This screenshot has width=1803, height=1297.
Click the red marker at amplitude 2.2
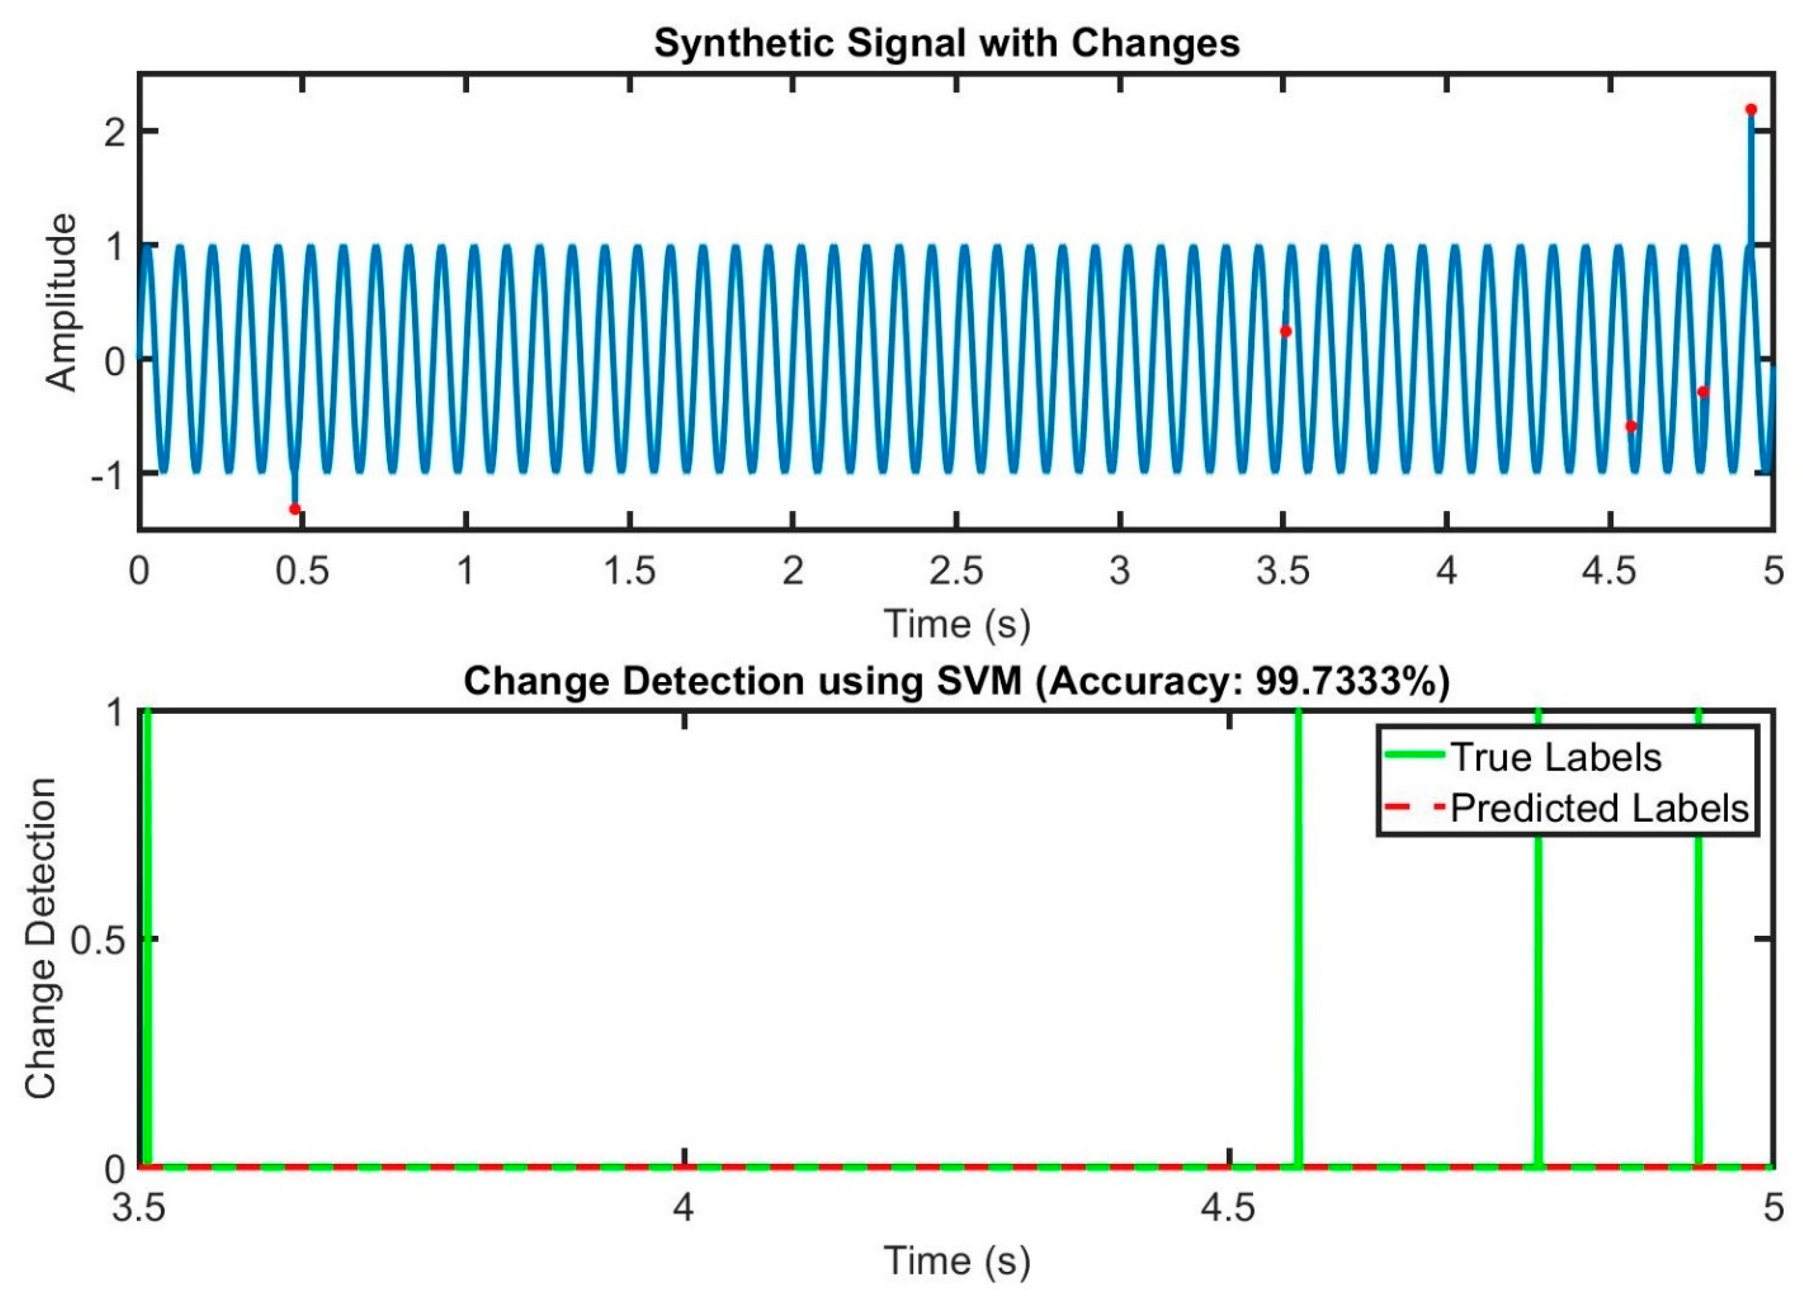[1751, 110]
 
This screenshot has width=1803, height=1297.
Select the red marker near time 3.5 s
[1285, 332]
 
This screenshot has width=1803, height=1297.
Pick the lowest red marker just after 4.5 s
[1631, 426]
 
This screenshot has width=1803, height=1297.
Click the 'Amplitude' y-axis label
[61, 302]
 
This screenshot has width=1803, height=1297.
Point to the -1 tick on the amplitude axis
[108, 474]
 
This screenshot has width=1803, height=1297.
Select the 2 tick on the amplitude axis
[115, 131]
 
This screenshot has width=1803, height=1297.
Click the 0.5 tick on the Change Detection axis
[97, 940]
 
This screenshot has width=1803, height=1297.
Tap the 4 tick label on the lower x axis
[684, 1208]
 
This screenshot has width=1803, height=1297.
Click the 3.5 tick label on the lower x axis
[139, 1208]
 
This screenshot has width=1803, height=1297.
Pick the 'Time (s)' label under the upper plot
[956, 624]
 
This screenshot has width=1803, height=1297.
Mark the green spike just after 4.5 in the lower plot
[1298, 938]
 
